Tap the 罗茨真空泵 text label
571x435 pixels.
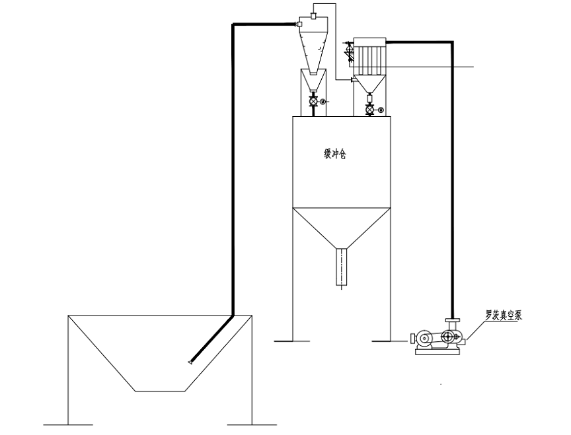(504, 316)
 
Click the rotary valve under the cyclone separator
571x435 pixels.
(313, 102)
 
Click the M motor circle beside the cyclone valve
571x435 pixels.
(323, 102)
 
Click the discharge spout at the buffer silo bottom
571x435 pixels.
(341, 267)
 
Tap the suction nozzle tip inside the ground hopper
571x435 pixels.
(190, 361)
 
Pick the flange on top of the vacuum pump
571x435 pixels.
(451, 321)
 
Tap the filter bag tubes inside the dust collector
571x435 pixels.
(369, 58)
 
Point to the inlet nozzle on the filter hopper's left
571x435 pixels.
(352, 79)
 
